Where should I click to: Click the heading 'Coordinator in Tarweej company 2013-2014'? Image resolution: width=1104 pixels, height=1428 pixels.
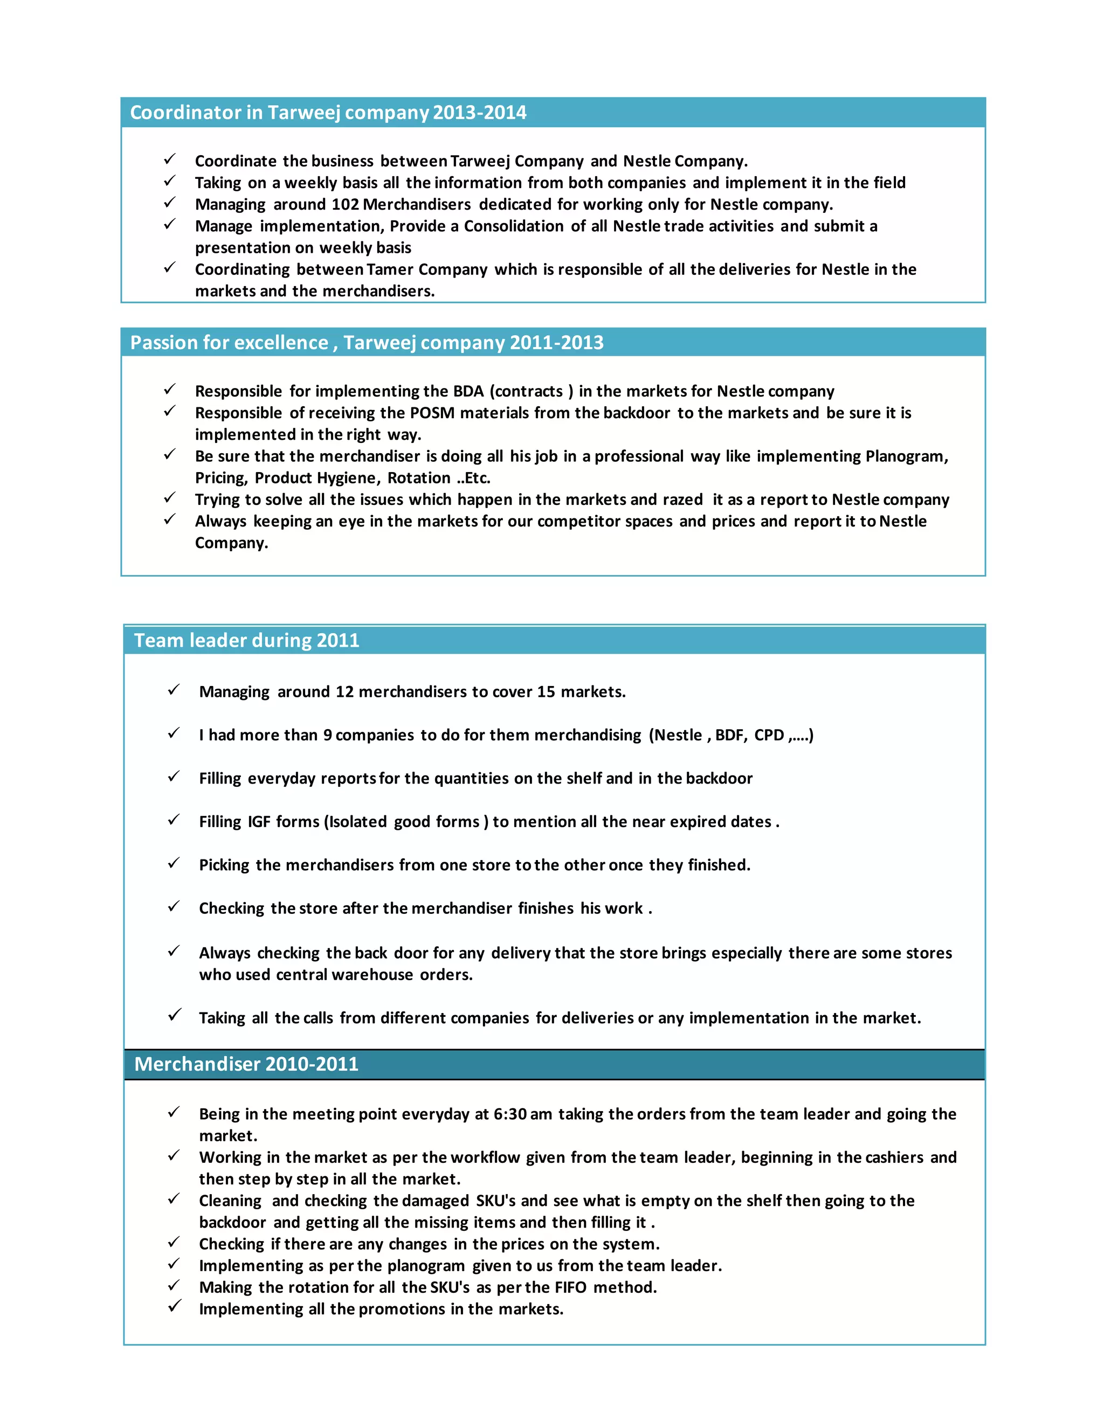coord(328,113)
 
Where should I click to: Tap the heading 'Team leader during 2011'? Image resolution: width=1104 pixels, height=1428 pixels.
coord(246,640)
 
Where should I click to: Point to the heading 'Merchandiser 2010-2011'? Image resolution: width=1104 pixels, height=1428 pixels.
coord(246,1064)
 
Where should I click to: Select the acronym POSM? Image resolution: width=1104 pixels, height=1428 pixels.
coord(432,413)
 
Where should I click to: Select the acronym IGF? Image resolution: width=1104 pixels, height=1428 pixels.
coord(259,822)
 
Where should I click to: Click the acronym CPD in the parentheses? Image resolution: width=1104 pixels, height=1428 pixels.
coord(769,736)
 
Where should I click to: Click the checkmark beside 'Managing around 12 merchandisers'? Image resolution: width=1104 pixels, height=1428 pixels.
coord(174,690)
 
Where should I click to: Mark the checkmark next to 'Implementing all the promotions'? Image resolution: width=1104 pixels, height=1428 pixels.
coord(174,1307)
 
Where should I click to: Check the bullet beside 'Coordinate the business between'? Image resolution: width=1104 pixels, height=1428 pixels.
coord(169,160)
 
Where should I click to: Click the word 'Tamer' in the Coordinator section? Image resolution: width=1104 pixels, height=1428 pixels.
coord(390,269)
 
